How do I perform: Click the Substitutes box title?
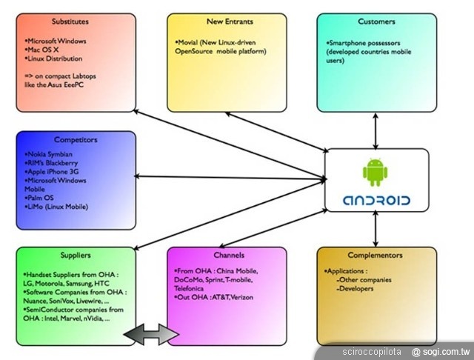pyautogui.click(x=76, y=21)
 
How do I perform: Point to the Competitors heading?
pyautogui.click(x=76, y=139)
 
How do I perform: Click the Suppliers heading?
pyautogui.click(x=76, y=256)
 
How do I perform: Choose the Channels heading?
pyautogui.click(x=227, y=256)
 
